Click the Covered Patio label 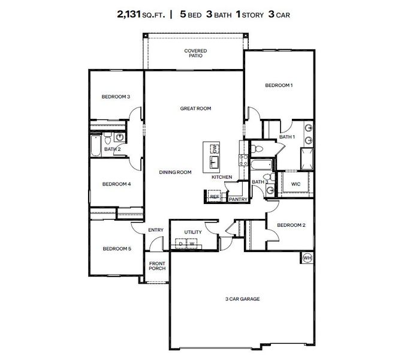pyautogui.click(x=195, y=54)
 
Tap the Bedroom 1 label pyautogui.click(x=279, y=85)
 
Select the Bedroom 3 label pyautogui.click(x=116, y=97)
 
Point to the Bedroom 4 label pyautogui.click(x=116, y=184)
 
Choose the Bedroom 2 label pyautogui.click(x=291, y=225)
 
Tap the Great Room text pyautogui.click(x=196, y=109)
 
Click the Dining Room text pyautogui.click(x=175, y=172)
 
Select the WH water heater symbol pyautogui.click(x=307, y=258)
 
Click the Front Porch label pyautogui.click(x=157, y=266)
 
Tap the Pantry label pyautogui.click(x=238, y=199)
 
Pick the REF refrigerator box pyautogui.click(x=214, y=196)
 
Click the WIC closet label pyautogui.click(x=296, y=184)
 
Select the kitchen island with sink pyautogui.click(x=213, y=155)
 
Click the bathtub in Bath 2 pyautogui.click(x=95, y=146)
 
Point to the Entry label pyautogui.click(x=156, y=230)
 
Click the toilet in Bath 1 pyautogui.click(x=255, y=147)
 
